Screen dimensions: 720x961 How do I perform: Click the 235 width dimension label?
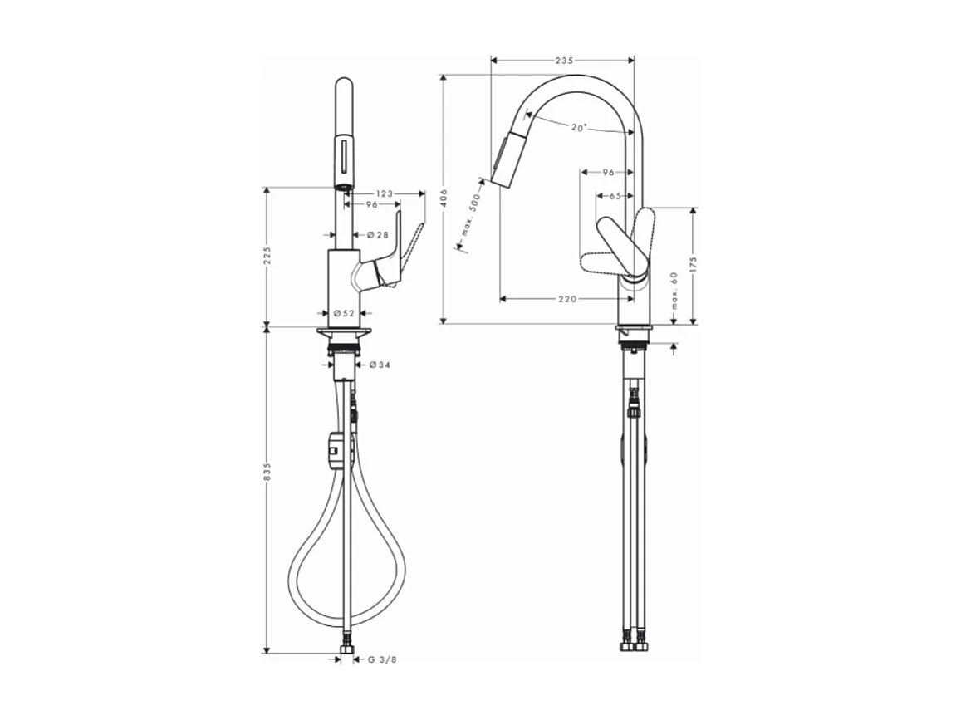click(x=564, y=61)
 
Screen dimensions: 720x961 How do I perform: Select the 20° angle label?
click(x=579, y=127)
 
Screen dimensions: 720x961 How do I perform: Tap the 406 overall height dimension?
click(x=444, y=198)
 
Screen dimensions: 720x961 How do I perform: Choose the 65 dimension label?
click(x=615, y=197)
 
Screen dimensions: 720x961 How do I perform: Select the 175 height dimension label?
click(x=693, y=266)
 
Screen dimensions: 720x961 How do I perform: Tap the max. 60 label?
click(x=674, y=291)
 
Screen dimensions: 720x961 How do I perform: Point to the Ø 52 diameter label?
click(x=344, y=313)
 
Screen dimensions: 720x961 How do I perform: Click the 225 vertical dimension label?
click(x=267, y=256)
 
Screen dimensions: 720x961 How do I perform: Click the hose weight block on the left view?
click(x=334, y=453)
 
